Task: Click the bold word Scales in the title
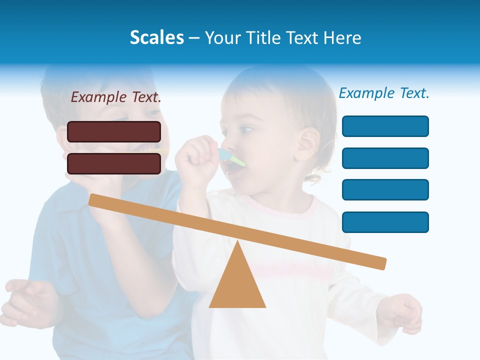[x=156, y=37]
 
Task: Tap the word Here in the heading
[x=342, y=37]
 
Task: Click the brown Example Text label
[x=116, y=97]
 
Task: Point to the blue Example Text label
[x=384, y=93]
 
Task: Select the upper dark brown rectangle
[x=114, y=131]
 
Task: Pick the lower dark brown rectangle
[x=114, y=163]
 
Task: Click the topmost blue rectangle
[x=385, y=126]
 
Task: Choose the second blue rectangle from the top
[x=385, y=158]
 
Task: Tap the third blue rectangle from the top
[x=385, y=190]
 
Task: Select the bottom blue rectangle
[x=385, y=222]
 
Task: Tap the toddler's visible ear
[x=307, y=143]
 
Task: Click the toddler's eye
[x=246, y=130]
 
